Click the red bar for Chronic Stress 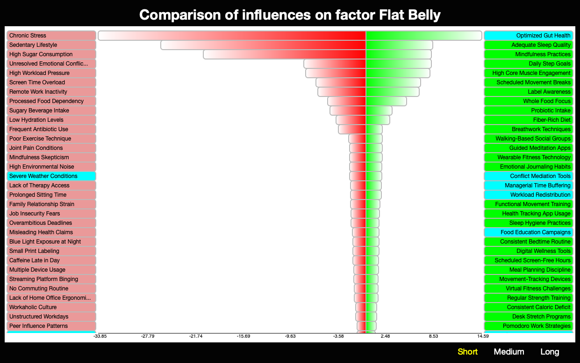tap(232, 36)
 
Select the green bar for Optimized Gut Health tap(424, 36)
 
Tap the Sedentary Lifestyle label tap(51, 45)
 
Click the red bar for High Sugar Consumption tap(285, 54)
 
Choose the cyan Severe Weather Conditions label tap(51, 176)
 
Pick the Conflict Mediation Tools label tap(528, 176)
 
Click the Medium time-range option tap(509, 352)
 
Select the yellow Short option tap(467, 352)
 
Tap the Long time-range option tap(550, 352)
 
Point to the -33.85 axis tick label tap(100, 336)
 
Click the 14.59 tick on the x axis tap(483, 336)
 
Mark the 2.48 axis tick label tap(385, 336)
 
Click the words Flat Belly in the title tap(409, 15)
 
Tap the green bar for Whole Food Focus tap(386, 101)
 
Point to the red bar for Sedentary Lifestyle tap(263, 45)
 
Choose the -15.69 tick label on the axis tap(243, 336)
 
